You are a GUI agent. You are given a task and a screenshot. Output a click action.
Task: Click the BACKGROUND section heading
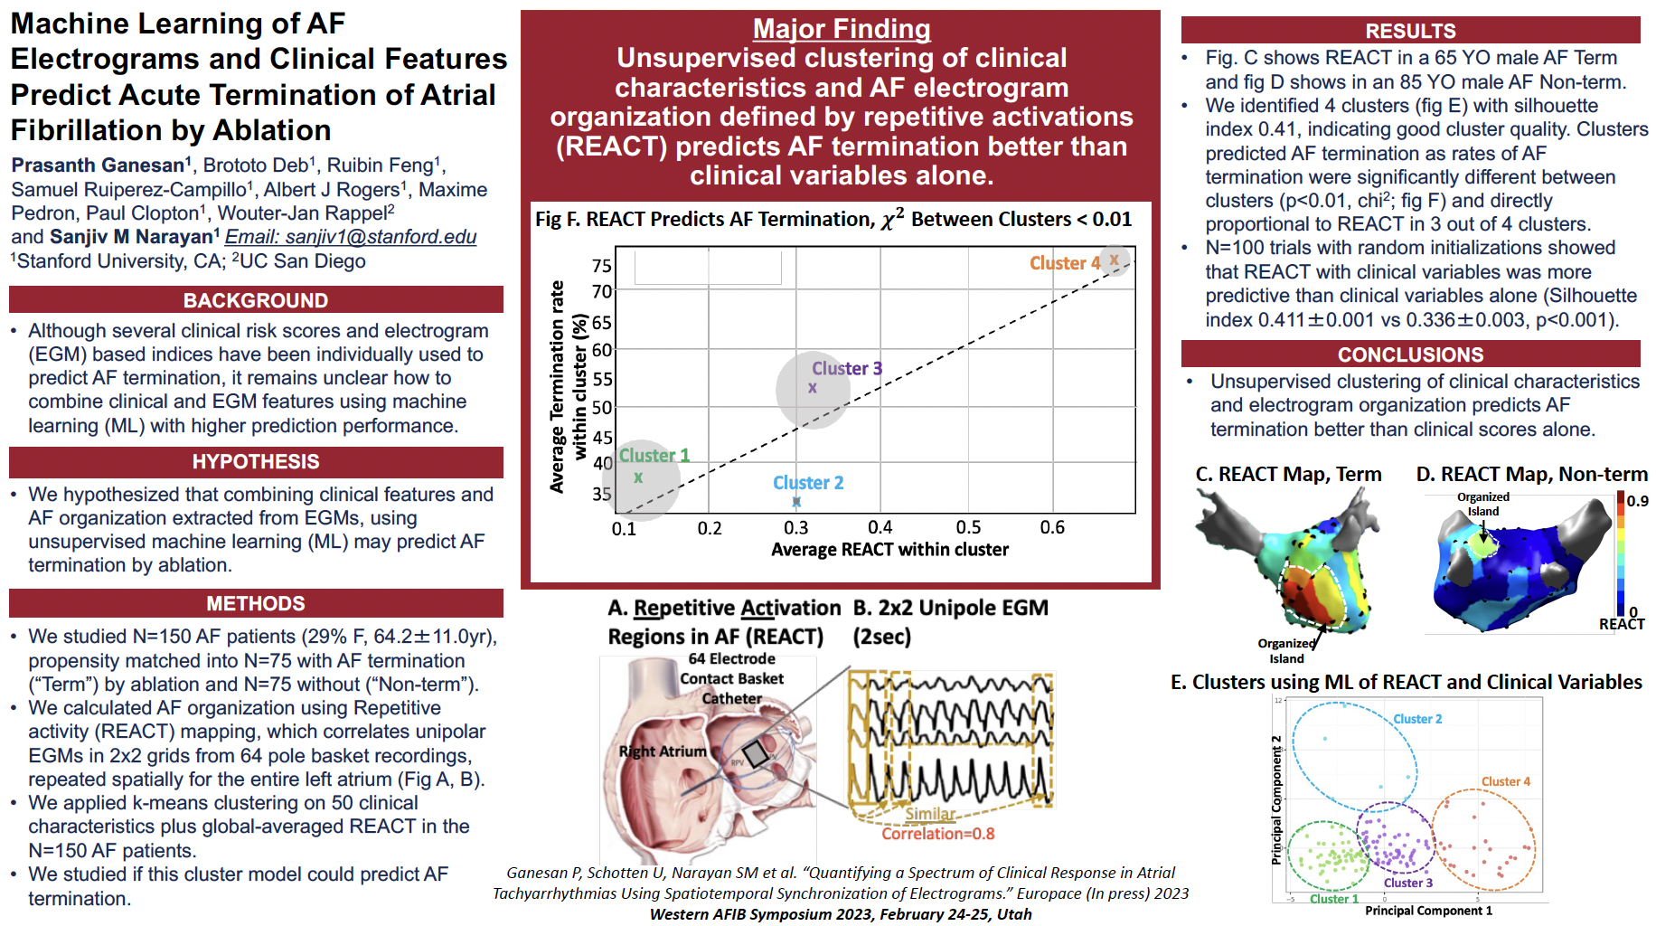[x=256, y=300]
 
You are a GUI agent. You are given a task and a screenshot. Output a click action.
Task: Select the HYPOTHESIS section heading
[x=256, y=461]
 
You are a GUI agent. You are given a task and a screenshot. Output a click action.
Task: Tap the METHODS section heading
[x=256, y=603]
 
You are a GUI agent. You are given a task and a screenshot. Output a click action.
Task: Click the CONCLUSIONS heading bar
[x=1410, y=354]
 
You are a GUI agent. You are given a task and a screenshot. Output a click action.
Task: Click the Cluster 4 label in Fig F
[x=1065, y=263]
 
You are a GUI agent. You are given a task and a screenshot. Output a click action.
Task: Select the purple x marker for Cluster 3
[x=813, y=388]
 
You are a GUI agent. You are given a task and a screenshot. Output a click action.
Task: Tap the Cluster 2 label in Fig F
[x=808, y=483]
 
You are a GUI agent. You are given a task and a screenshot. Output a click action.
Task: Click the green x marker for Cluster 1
[x=638, y=477]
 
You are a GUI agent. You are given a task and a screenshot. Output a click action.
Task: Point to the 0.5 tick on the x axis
[x=968, y=527]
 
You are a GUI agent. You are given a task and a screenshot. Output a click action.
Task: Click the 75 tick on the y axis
[x=601, y=266]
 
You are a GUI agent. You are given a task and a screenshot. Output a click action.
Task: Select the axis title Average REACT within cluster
[x=889, y=550]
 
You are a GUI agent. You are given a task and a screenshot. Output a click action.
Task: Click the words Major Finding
[x=842, y=29]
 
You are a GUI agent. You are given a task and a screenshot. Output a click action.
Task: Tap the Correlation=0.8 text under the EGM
[x=937, y=834]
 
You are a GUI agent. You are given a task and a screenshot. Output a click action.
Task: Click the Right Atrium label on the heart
[x=663, y=751]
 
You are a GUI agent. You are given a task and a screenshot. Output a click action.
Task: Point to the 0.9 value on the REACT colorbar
[x=1637, y=501]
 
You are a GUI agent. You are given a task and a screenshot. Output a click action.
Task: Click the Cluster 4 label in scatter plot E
[x=1505, y=781]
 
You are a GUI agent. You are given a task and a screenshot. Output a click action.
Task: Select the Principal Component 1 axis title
[x=1428, y=911]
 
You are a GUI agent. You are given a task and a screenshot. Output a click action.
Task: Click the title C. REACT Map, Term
[x=1288, y=474]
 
